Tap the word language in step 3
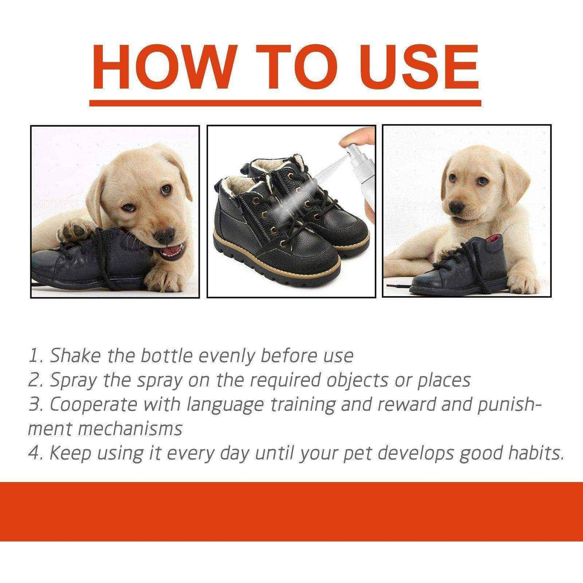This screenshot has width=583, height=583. pyautogui.click(x=216, y=404)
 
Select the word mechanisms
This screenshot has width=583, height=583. pyautogui.click(x=130, y=428)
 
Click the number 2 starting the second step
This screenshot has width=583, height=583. pyautogui.click(x=35, y=380)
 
